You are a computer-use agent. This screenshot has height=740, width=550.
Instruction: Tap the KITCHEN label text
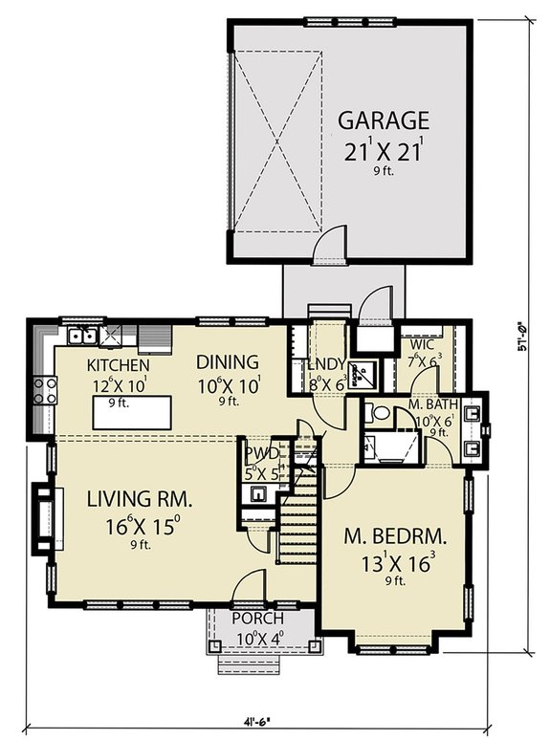click(x=118, y=365)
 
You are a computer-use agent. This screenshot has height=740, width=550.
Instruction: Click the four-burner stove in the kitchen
click(x=44, y=389)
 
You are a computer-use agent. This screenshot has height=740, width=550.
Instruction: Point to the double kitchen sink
click(x=81, y=336)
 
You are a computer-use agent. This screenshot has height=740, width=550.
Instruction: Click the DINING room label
click(x=228, y=362)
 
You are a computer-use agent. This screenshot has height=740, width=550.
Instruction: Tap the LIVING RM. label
click(x=141, y=499)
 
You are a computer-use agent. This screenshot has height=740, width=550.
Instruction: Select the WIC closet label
click(x=423, y=344)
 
